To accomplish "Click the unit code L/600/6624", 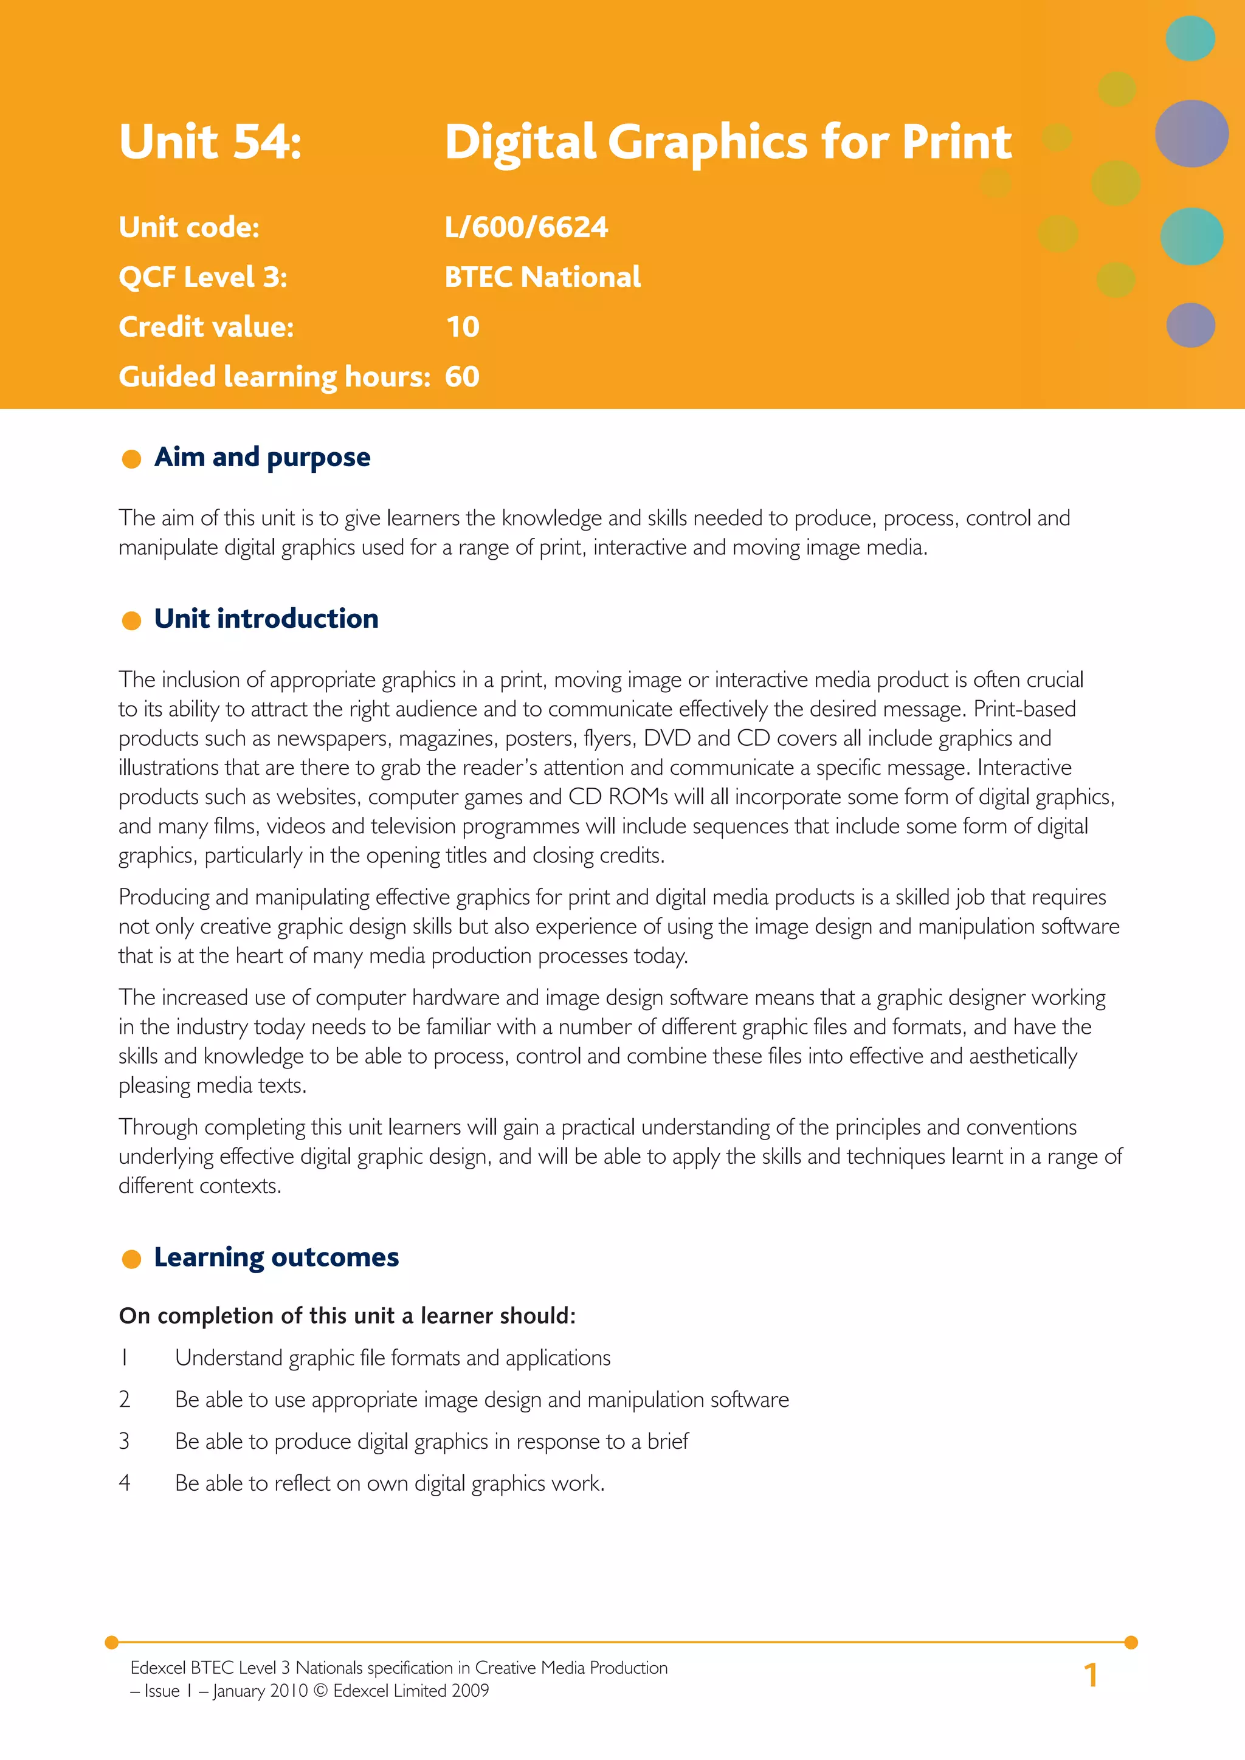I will tap(526, 228).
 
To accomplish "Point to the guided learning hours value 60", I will tap(462, 377).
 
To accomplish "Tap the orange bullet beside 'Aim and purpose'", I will tap(132, 459).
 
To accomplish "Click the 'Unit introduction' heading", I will tap(266, 619).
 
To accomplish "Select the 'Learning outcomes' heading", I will tap(276, 1257).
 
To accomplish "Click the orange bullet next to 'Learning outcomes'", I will tap(132, 1259).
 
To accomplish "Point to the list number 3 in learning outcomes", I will tap(124, 1441).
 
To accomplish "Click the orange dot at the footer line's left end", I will tap(112, 1642).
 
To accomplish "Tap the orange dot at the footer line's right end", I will tap(1131, 1642).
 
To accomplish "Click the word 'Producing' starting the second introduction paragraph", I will tap(164, 898).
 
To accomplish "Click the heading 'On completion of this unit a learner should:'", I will tap(347, 1316).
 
